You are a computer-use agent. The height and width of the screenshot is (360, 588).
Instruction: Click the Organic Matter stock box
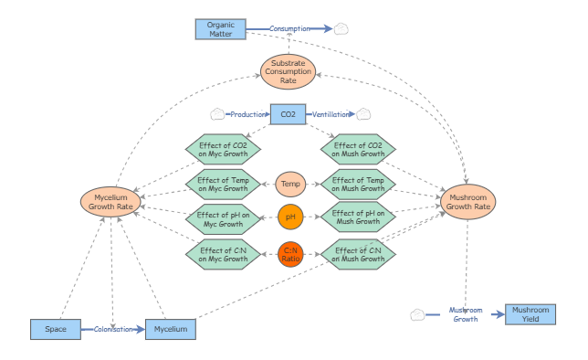(220, 29)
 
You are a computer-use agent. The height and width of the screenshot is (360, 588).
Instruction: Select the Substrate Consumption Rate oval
(289, 70)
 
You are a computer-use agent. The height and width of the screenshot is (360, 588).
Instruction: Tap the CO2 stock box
(288, 114)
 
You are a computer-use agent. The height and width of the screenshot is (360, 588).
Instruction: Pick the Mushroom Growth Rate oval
(469, 201)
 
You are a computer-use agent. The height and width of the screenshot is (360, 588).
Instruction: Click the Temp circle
(290, 184)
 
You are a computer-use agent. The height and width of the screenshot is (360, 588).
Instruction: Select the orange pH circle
(290, 217)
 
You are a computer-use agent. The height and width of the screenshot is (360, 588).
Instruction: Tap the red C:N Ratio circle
(290, 252)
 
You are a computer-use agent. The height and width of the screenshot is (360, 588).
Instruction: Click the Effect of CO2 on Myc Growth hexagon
(223, 149)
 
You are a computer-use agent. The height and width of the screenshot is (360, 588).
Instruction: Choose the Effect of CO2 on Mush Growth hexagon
(358, 149)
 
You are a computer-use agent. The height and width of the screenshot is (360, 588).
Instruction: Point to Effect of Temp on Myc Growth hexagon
(223, 184)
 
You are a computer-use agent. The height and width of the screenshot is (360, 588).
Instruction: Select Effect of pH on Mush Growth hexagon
(358, 217)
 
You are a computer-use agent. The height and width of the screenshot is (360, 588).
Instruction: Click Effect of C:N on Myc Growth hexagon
(223, 253)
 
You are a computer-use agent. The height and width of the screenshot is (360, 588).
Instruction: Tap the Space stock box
(55, 329)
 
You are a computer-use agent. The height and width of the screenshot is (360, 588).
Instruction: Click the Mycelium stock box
(171, 329)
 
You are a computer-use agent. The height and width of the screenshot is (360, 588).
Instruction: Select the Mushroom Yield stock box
(530, 314)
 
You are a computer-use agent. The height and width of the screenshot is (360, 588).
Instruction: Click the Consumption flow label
(289, 29)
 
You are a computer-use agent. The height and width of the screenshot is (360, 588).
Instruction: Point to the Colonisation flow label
(113, 329)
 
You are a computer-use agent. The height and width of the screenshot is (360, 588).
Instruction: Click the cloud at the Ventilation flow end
(363, 114)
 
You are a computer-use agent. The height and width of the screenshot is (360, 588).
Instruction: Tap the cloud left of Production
(217, 114)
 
